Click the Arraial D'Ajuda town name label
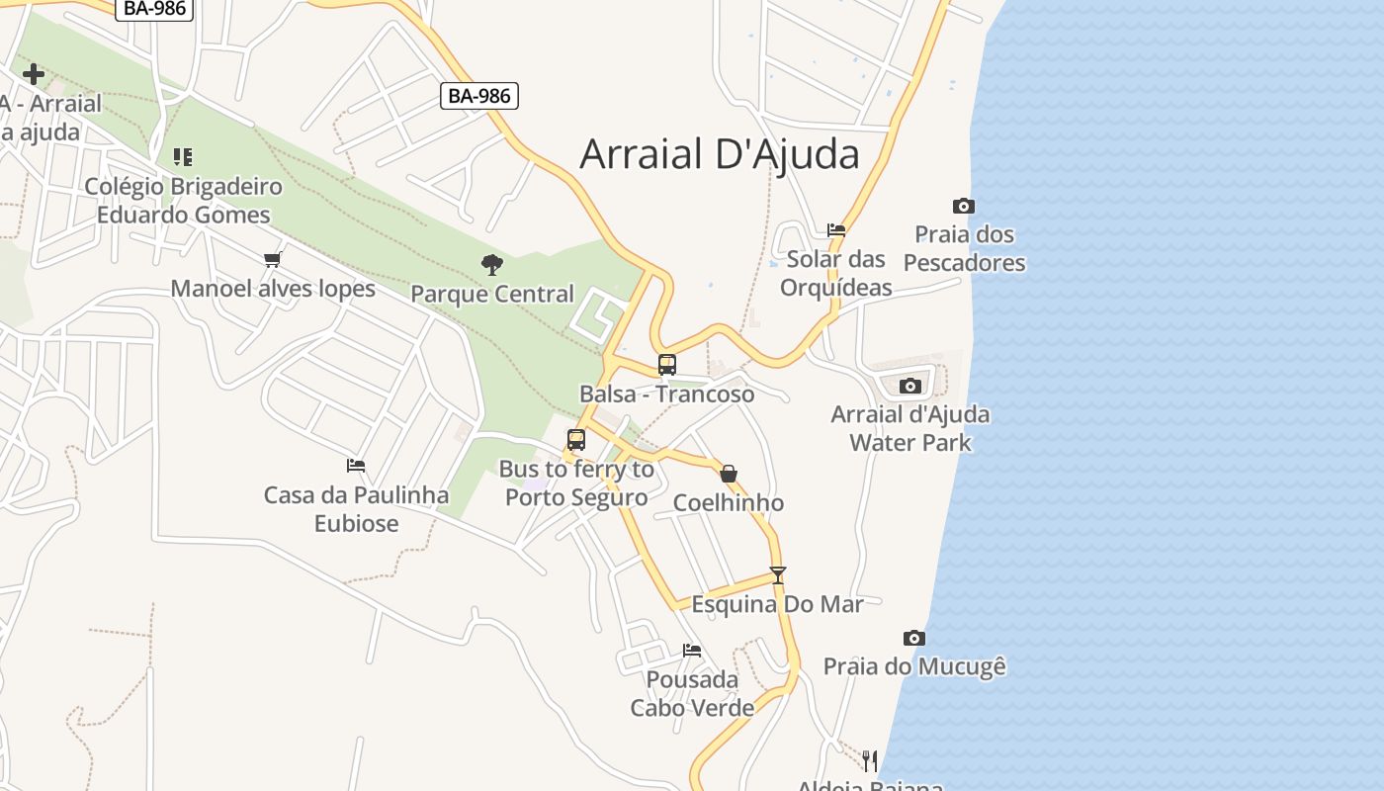[719, 154]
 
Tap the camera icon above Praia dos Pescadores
[964, 206]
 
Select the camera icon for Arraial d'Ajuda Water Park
[910, 386]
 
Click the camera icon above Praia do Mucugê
[914, 638]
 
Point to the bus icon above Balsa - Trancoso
[667, 364]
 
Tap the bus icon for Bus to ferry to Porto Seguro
[576, 440]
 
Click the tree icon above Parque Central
[491, 264]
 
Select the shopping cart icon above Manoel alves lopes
[273, 259]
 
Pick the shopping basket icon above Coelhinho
[729, 474]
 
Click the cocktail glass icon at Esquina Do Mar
[778, 574]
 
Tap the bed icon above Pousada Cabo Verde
[692, 650]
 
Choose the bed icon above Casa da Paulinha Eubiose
[356, 465]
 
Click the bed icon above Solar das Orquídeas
[836, 230]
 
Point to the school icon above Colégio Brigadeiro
[183, 156]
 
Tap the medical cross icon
[34, 74]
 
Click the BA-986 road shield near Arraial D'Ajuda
[479, 96]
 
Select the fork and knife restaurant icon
[869, 759]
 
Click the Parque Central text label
[492, 294]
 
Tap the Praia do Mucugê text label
[914, 666]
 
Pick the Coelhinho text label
[729, 502]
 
